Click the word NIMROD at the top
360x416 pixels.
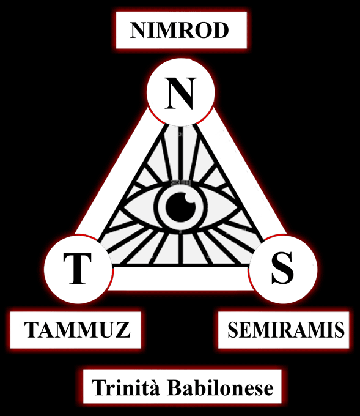(179, 30)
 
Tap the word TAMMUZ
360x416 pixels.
(77, 330)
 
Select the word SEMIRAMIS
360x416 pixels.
(286, 330)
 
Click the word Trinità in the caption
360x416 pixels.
(126, 388)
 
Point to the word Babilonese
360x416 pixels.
(221, 388)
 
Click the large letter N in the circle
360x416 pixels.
(181, 93)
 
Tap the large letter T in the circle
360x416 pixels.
(78, 269)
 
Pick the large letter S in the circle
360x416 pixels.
(282, 268)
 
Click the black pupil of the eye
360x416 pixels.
(181, 207)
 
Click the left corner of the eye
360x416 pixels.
(124, 207)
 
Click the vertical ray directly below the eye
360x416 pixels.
(181, 248)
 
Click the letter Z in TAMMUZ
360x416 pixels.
(124, 330)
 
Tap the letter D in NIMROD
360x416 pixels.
(221, 30)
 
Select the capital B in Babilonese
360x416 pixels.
(174, 388)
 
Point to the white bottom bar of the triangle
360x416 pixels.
(180, 277)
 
